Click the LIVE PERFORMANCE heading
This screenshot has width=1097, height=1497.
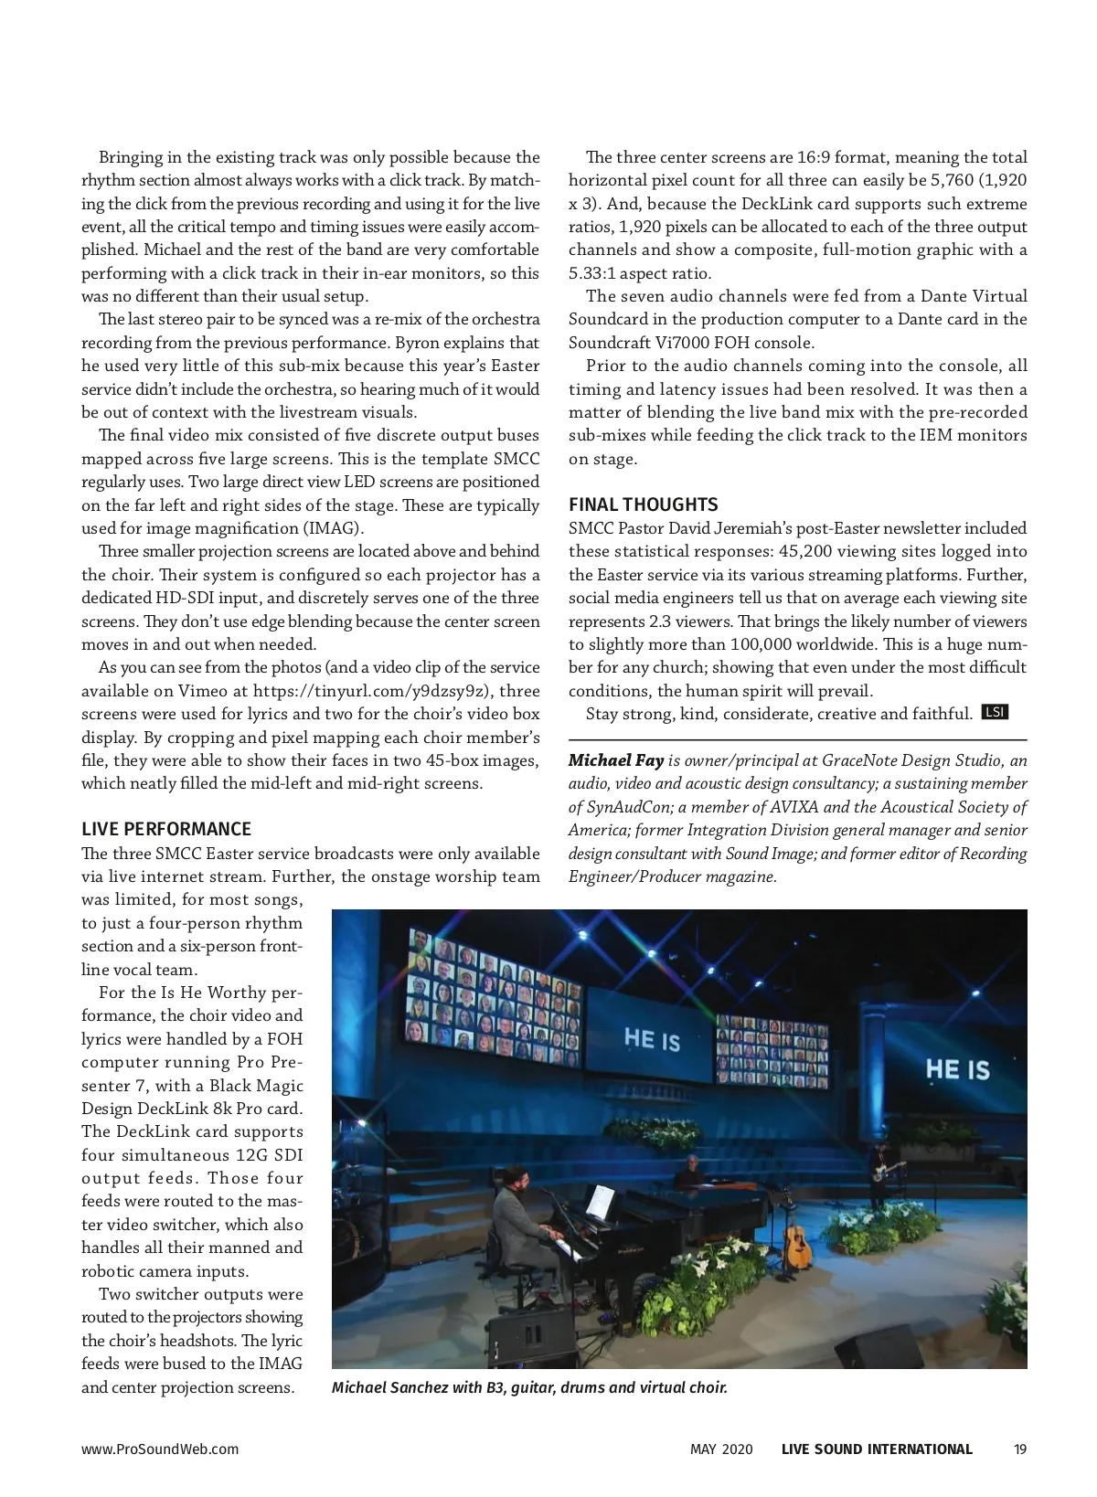point(166,829)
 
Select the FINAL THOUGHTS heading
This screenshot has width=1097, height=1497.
point(644,504)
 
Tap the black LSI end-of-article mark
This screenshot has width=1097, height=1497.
point(995,712)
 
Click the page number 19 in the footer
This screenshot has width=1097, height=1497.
point(1020,1449)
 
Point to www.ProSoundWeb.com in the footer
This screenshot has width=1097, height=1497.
point(160,1449)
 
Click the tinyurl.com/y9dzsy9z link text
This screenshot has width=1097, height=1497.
point(368,691)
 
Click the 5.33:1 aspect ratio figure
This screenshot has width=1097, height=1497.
point(591,273)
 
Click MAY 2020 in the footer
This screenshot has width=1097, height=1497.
point(721,1449)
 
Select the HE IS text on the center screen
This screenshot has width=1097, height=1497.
point(652,1038)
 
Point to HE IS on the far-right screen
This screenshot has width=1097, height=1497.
point(957,1069)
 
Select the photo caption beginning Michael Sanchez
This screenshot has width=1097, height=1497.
point(529,1387)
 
